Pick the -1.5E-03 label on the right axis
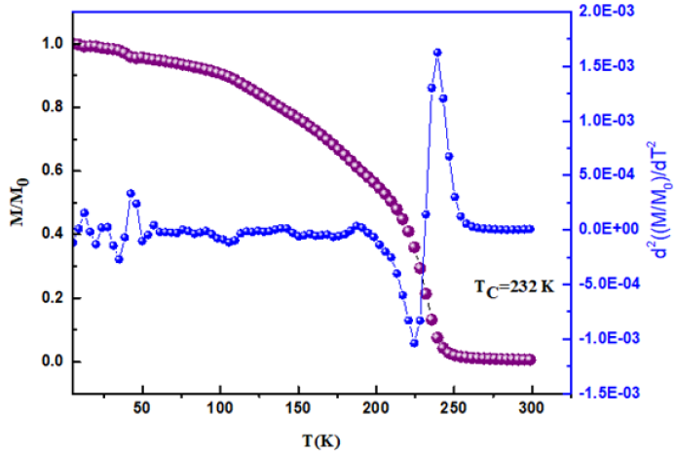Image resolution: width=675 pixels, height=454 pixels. pyautogui.click(x=597, y=393)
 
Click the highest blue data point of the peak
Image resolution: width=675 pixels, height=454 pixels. pyautogui.click(x=437, y=53)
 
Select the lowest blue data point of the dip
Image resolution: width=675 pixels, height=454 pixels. pyautogui.click(x=414, y=343)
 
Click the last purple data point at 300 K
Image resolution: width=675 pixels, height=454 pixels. pyautogui.click(x=531, y=359)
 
